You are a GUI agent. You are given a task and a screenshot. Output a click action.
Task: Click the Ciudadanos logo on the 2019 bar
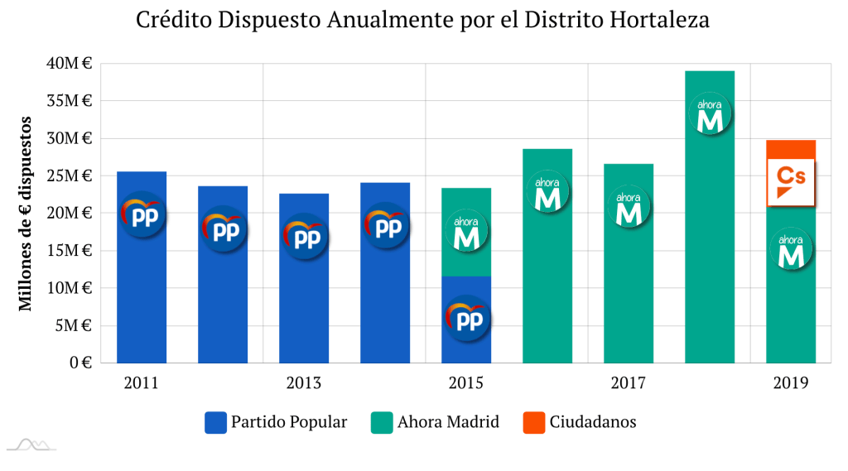[792, 181]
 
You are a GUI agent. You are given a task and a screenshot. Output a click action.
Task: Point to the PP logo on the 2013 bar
[304, 236]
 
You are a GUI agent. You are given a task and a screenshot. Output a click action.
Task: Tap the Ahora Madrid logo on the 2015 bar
[467, 233]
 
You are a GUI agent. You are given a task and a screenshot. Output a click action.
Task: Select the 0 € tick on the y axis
[80, 363]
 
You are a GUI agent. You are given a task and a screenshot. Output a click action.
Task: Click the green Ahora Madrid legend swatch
[382, 423]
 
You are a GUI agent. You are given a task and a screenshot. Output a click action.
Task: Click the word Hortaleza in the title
[658, 20]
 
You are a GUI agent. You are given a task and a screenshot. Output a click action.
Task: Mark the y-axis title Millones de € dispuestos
[26, 213]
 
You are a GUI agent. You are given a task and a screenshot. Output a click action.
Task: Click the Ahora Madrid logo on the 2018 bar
[710, 116]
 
